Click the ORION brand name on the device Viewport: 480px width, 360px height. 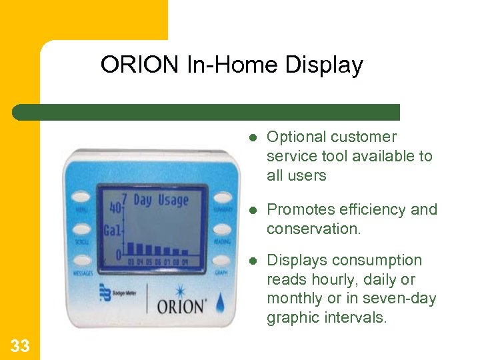coord(181,307)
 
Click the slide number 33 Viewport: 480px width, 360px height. coord(20,345)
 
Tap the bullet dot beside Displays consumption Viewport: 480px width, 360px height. coord(253,261)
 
